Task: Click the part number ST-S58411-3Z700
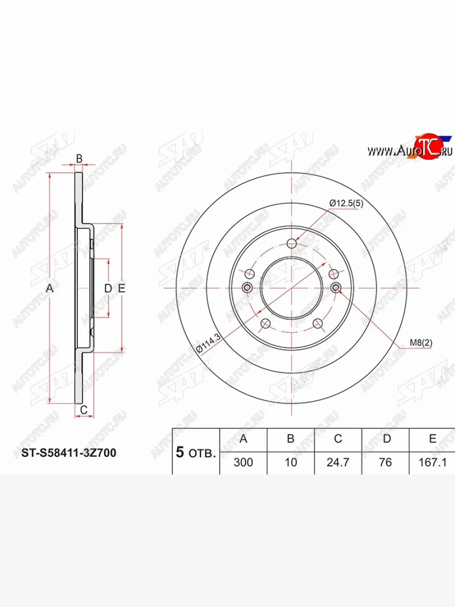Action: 69,453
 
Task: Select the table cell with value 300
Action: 243,462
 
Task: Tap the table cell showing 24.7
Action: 338,462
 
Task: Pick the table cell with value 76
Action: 385,462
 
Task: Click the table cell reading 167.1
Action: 432,462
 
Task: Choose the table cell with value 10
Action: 291,462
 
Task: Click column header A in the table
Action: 243,439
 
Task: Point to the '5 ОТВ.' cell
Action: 196,452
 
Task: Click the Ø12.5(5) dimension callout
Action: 346,203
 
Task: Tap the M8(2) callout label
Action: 421,343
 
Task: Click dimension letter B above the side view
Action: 79,158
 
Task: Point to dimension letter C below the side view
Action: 84,409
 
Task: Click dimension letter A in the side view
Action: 50,288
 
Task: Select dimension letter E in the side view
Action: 121,288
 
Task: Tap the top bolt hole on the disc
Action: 291,243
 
